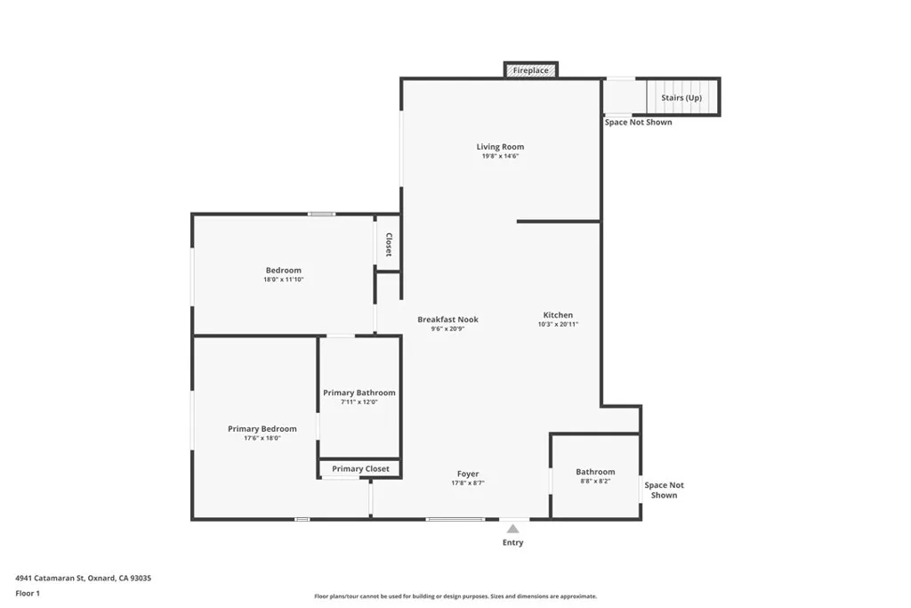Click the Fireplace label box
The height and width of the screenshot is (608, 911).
coord(531,70)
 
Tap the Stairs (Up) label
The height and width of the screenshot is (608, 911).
coord(681,98)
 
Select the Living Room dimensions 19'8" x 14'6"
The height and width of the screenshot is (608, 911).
coord(500,157)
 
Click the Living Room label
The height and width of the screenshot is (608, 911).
coord(500,147)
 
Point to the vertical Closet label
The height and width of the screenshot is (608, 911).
coord(389,244)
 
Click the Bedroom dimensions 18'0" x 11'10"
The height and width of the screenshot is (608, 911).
coord(284,280)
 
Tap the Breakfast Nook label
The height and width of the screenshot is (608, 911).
coord(448,319)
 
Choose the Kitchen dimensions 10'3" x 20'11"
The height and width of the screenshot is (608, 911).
coord(558,324)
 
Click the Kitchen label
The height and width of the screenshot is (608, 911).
coord(558,315)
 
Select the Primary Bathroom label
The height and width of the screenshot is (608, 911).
coord(359,393)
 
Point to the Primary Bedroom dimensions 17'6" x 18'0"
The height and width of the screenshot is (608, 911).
coord(262,438)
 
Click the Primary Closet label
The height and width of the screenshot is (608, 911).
coord(361,468)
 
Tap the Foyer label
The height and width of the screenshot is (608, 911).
coord(468,474)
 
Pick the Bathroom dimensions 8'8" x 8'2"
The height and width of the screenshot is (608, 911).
coord(595,482)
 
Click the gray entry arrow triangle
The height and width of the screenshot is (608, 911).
coord(512,529)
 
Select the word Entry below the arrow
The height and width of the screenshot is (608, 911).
coord(513,542)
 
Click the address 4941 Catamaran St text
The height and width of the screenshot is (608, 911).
coord(50,578)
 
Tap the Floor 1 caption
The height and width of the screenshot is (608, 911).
coord(28,594)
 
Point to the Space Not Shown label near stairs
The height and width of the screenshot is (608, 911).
coord(638,122)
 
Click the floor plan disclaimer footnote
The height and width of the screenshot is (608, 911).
coord(455,596)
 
